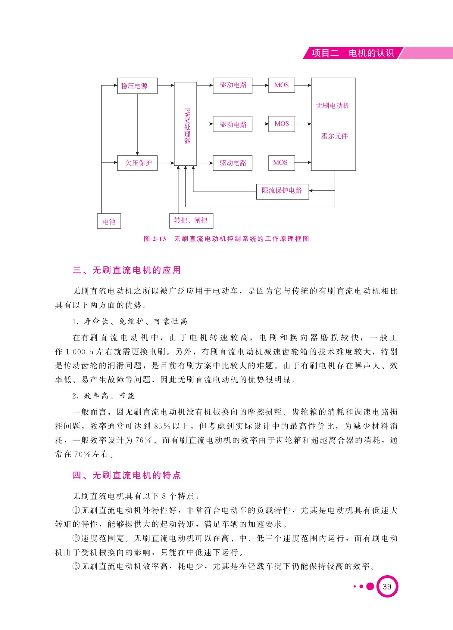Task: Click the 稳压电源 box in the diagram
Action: coord(137,86)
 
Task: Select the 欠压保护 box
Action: coord(137,163)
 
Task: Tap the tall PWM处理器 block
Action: coord(186,124)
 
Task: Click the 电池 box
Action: coord(109,221)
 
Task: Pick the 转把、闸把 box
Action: coord(191,221)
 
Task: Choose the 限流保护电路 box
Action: coord(283,192)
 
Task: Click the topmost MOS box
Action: coord(282,85)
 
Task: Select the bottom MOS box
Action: coord(282,163)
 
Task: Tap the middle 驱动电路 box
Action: coord(233,124)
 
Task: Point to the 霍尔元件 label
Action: coord(334,136)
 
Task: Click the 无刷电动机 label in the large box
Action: coord(333,106)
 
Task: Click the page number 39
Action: coord(387,587)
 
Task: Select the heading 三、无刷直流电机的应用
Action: coord(127,270)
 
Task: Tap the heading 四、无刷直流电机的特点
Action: coord(127,475)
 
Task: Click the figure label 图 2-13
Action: coord(155,239)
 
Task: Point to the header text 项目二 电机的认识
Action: coord(353,53)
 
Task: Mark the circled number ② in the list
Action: coord(77,539)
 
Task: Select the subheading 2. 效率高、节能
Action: coord(103,396)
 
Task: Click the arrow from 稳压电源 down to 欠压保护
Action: coord(137,125)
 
